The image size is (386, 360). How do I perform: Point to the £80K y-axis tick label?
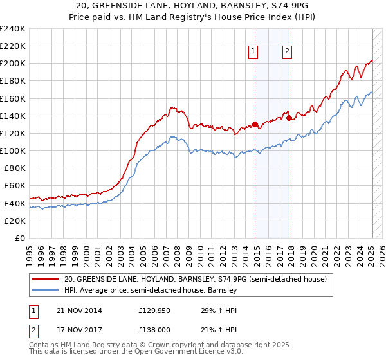tap(14, 168)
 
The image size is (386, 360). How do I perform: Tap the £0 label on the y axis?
tap(20, 238)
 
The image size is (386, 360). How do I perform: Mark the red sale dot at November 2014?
tap(255, 124)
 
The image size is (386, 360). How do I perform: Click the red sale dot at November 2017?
tap(289, 118)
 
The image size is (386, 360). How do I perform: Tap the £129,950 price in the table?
tap(156, 310)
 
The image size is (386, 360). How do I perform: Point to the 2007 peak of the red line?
tap(172, 107)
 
